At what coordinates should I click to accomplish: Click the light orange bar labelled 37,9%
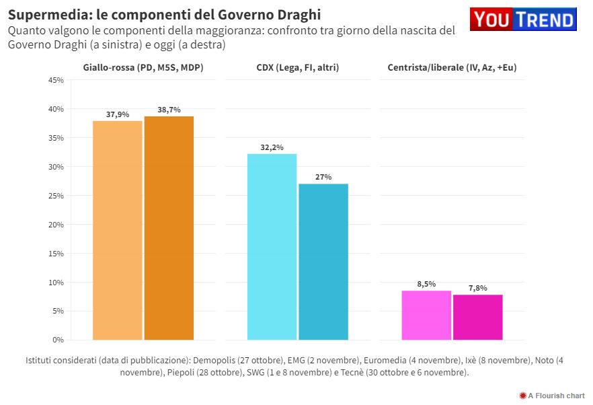tap(117, 230)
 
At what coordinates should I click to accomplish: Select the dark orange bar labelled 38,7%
tap(169, 228)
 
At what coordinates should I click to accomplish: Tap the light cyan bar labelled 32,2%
tap(272, 247)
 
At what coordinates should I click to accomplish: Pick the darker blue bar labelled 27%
tap(323, 262)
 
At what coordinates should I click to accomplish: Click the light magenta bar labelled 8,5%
tap(426, 315)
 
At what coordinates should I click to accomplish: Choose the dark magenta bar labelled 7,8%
tap(478, 317)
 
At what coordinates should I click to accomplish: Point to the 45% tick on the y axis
tap(56, 80)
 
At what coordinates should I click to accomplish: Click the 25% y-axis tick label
tap(56, 196)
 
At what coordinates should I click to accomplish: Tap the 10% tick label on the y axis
tap(56, 283)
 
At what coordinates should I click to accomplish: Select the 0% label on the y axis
tap(58, 340)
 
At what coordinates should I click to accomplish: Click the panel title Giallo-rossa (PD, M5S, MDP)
tap(143, 67)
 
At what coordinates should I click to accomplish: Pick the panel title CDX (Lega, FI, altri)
tap(297, 67)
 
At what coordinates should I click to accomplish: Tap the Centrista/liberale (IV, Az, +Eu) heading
tap(452, 67)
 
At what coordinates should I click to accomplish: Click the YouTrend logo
tap(523, 19)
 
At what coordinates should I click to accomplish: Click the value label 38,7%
tap(169, 110)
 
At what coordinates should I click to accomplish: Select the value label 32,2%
tap(272, 147)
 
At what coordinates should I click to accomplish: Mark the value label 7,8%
tap(478, 288)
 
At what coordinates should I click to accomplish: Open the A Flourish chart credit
tap(552, 396)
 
